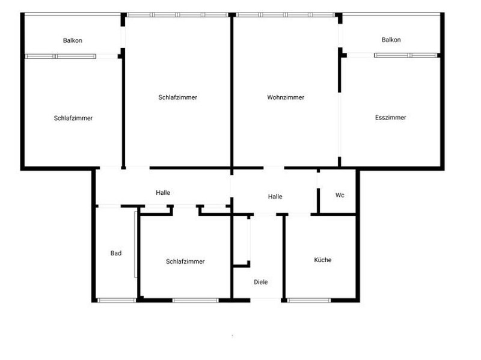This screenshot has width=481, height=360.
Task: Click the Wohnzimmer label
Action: pos(286,97)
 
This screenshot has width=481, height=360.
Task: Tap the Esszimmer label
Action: pos(390,118)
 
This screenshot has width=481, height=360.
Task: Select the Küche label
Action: pos(323,260)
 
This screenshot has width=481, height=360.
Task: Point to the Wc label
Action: pos(340,195)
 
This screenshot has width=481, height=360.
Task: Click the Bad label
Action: pos(116,254)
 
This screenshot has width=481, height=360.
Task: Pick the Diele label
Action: pos(260,282)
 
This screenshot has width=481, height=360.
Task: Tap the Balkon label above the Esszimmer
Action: pos(391,40)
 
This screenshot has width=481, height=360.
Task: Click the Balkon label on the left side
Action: pos(72,41)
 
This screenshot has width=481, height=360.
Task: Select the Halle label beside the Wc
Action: pos(275,197)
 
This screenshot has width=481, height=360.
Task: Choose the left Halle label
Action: pos(163,193)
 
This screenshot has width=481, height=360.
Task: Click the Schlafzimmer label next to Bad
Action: pos(185,261)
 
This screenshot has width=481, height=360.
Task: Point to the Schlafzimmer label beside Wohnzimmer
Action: pos(178,97)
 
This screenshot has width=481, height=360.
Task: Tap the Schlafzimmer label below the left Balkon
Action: pos(73,118)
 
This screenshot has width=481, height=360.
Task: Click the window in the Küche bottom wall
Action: pos(309,299)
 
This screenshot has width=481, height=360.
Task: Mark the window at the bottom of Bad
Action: pos(117,299)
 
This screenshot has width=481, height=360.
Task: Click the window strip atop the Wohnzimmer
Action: pos(285,14)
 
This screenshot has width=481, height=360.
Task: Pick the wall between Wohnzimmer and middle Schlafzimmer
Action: pos(232,90)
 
